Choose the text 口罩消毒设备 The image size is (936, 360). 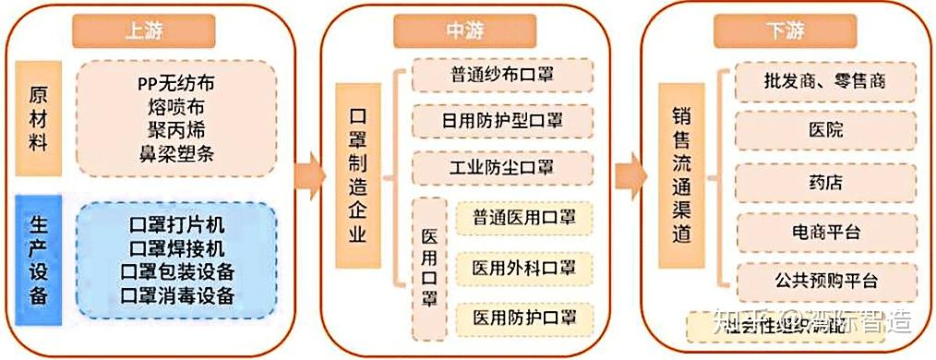(177, 296)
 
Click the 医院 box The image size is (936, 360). (825, 130)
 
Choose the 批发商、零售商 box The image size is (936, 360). (825, 81)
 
